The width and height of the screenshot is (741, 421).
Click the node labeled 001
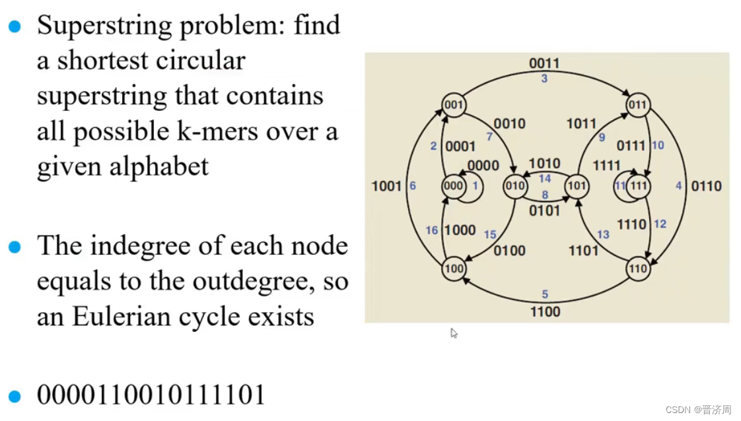point(454,105)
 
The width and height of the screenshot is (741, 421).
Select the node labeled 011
point(637,105)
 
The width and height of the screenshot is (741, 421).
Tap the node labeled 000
point(453,186)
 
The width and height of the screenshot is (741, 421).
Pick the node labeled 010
point(514,186)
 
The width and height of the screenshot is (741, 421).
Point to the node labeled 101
point(577,186)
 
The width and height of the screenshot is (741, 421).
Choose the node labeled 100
point(454,269)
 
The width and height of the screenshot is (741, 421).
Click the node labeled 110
point(637,269)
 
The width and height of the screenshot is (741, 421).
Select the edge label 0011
point(544,63)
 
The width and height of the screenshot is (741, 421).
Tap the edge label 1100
point(545,311)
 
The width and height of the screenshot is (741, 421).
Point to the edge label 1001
point(386,186)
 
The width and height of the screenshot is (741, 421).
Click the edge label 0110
point(706,186)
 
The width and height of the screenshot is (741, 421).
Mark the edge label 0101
point(545,210)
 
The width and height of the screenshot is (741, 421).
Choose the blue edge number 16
point(432,230)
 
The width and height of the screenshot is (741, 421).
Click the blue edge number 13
point(603,234)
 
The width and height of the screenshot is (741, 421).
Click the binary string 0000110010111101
point(151,395)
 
